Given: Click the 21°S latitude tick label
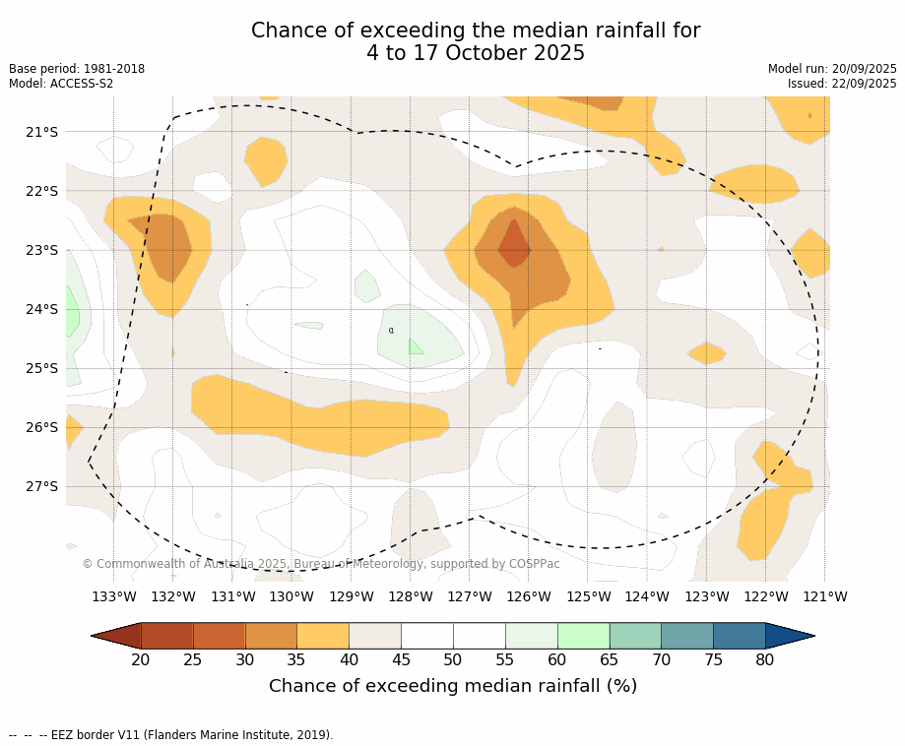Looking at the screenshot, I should pyautogui.click(x=40, y=132).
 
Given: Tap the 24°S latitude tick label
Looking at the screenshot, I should pyautogui.click(x=40, y=309).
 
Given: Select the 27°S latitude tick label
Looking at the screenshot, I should pyautogui.click(x=40, y=486).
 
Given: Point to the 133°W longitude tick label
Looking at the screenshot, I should pyautogui.click(x=114, y=596).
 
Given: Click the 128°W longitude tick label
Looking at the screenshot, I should pyautogui.click(x=411, y=596).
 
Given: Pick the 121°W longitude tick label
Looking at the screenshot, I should pyautogui.click(x=825, y=596).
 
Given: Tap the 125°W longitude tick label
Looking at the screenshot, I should pyautogui.click(x=588, y=596).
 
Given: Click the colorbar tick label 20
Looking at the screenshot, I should pyautogui.click(x=141, y=659).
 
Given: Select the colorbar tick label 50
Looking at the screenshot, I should pyautogui.click(x=453, y=659).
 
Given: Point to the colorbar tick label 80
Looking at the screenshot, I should pyautogui.click(x=765, y=659).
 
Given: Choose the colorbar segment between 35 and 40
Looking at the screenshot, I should pyautogui.click(x=323, y=636).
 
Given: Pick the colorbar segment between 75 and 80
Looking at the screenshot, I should pyautogui.click(x=739, y=636).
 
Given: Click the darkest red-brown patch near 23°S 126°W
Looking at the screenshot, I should pyautogui.click(x=514, y=244).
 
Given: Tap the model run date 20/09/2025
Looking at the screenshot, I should pyautogui.click(x=863, y=69).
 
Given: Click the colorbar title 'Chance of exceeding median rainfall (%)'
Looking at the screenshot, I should pyautogui.click(x=453, y=686).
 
